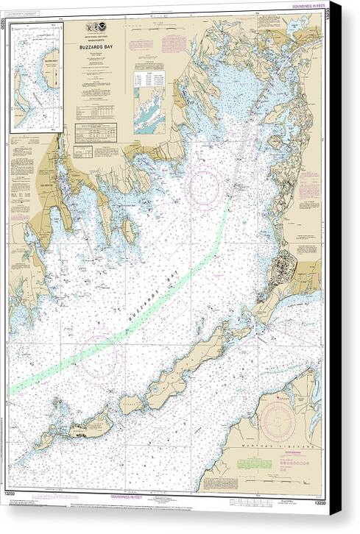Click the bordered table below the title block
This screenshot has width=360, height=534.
pyautogui.click(x=95, y=133)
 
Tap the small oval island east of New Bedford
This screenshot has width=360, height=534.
pyautogui.click(x=130, y=231)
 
